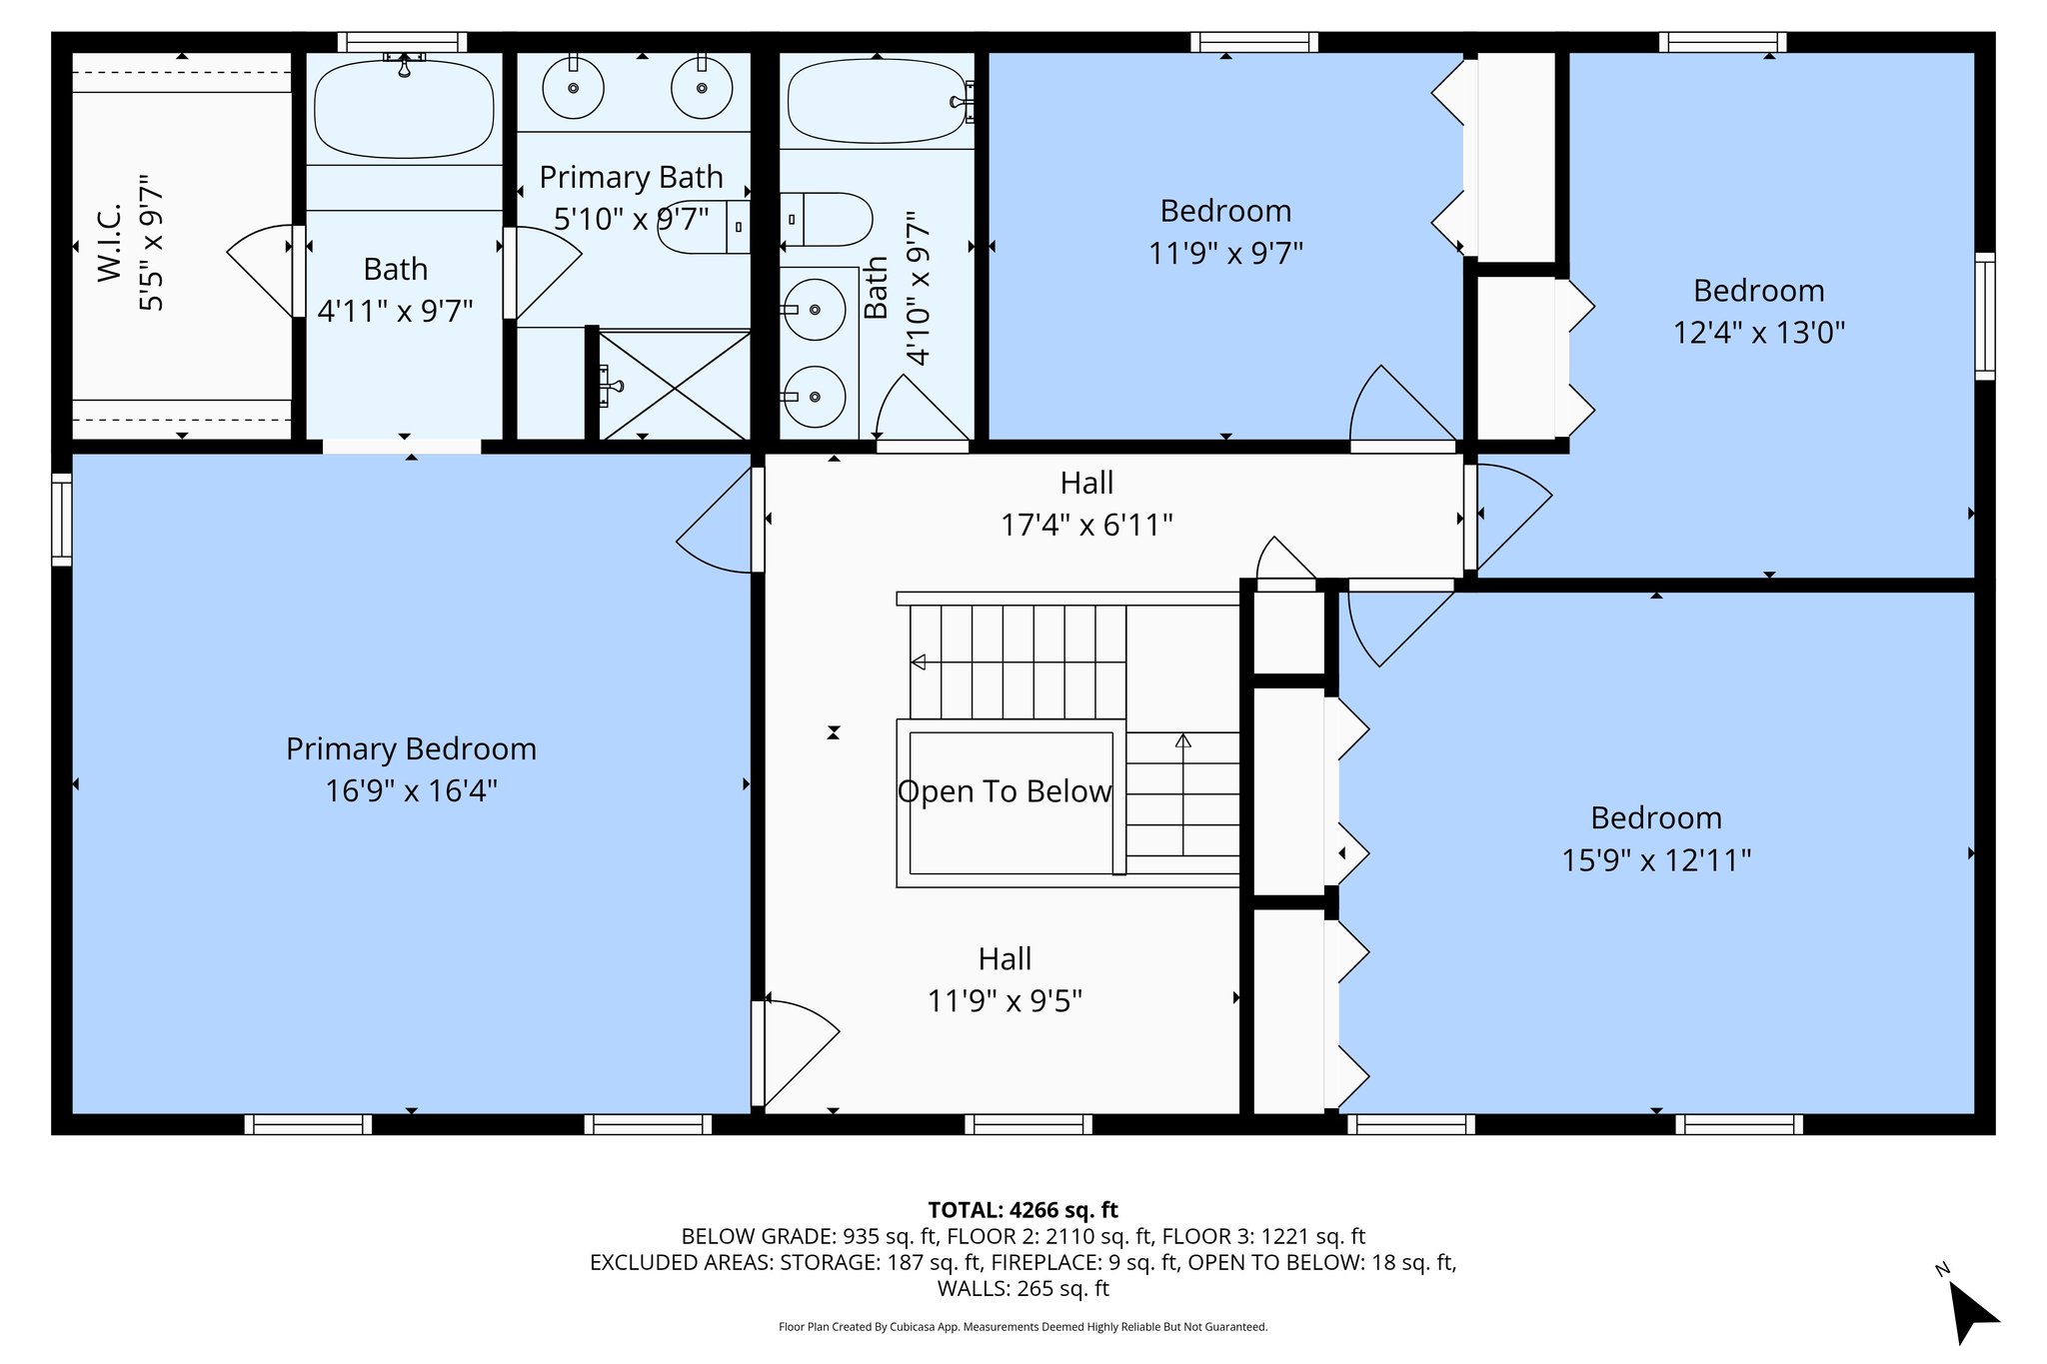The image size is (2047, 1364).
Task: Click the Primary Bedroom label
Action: point(411,748)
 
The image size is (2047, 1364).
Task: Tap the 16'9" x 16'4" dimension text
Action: point(411,790)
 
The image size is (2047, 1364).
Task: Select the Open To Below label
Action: point(1004,791)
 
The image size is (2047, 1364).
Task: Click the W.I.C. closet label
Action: point(110,243)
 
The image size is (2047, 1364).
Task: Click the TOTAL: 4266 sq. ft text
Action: point(1023,1210)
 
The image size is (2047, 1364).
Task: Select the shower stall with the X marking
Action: point(674,385)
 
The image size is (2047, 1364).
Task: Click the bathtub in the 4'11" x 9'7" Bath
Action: point(404,109)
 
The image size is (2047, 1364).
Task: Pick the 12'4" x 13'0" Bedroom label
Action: point(1758,291)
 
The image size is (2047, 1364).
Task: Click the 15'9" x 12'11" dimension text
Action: point(1656,859)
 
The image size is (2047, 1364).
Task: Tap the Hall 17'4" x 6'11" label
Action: point(1086,504)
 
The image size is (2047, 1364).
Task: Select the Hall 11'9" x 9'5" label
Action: point(1005,979)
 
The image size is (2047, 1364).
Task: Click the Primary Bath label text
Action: point(631,177)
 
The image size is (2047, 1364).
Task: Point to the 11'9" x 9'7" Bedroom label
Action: point(1225,211)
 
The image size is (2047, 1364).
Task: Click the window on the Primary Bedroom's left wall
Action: point(61,519)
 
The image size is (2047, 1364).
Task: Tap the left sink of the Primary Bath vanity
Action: point(573,88)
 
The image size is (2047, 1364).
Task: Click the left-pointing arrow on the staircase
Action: point(918,663)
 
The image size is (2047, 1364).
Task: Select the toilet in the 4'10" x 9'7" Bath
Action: point(826,219)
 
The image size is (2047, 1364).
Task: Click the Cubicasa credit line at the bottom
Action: point(1023,1327)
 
